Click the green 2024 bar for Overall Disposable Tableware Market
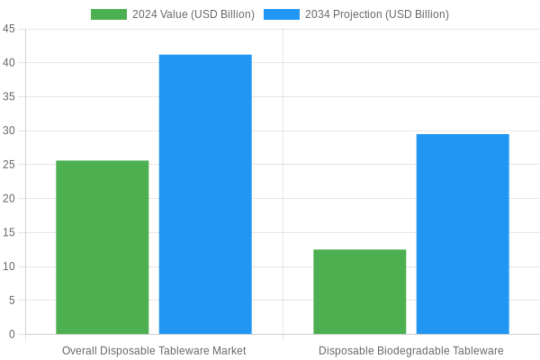coord(102,247)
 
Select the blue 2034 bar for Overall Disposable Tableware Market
coord(205,194)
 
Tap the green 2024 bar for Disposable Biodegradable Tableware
coord(359,292)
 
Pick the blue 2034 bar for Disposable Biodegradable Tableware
coord(463,234)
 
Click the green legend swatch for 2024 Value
coord(109,14)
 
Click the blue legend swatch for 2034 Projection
coord(282,14)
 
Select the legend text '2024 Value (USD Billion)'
coord(193,14)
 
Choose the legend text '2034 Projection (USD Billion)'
coord(377,14)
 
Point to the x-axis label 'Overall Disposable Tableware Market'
coord(154,350)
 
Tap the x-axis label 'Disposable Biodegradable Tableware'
coord(411,350)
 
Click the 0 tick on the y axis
coord(12,334)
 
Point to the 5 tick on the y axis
coord(12,301)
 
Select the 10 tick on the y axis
coord(9,266)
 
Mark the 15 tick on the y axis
coord(9,232)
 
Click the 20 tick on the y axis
coord(9,198)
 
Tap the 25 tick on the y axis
coord(9,165)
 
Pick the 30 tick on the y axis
coord(9,130)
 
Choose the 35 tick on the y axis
coord(9,96)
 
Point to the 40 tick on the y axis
coord(9,63)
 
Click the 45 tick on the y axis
coord(9,29)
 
